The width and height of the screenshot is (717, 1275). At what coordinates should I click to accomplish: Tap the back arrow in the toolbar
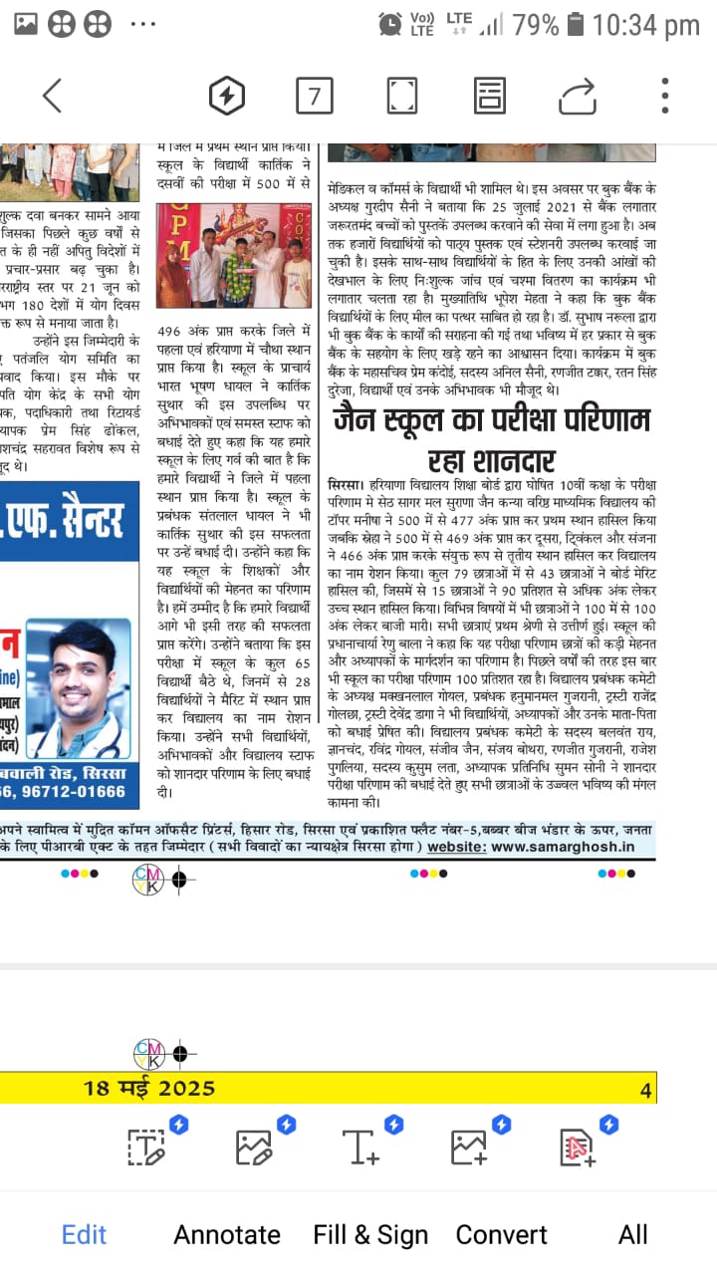[x=52, y=96]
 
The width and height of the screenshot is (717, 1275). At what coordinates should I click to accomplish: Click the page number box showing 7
[x=315, y=96]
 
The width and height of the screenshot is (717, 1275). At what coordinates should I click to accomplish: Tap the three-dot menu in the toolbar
[x=665, y=96]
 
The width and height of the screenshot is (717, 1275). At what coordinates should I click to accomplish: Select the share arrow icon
[x=577, y=96]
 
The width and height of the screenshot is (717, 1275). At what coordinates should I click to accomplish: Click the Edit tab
[x=84, y=1235]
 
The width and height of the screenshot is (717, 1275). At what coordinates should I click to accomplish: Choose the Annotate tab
[x=227, y=1235]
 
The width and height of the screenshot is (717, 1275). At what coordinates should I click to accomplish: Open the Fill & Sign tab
[x=370, y=1235]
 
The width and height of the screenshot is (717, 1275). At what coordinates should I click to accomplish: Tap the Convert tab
[x=502, y=1235]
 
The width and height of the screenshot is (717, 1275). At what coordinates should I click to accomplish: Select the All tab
[x=633, y=1235]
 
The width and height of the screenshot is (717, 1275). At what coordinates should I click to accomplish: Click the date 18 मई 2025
[x=149, y=1088]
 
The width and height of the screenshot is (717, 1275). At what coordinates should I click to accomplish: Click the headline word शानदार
[x=491, y=461]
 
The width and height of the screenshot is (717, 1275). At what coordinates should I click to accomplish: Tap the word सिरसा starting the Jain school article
[x=345, y=483]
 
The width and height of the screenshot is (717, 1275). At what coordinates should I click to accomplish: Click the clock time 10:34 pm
[x=645, y=24]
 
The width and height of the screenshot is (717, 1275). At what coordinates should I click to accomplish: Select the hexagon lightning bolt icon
[x=227, y=96]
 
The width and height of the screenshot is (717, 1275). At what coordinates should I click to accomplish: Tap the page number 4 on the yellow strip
[x=645, y=1090]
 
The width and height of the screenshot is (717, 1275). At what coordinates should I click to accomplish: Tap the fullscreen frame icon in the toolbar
[x=402, y=96]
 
